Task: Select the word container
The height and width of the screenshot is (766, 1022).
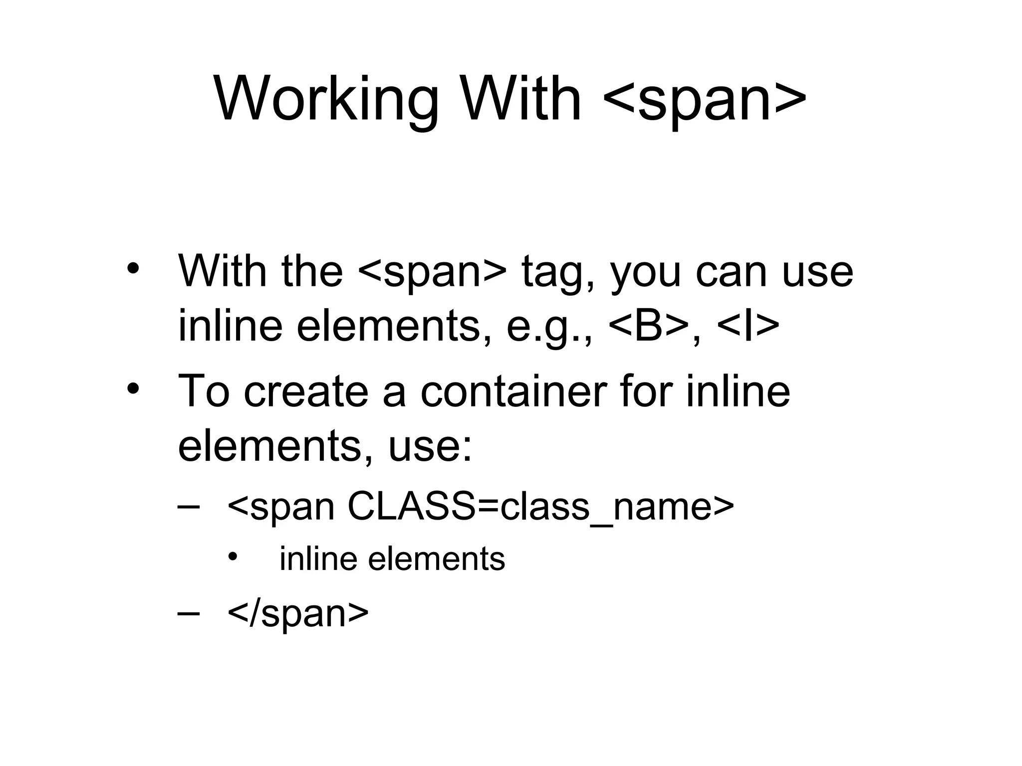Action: [514, 391]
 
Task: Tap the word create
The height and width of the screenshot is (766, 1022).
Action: [305, 391]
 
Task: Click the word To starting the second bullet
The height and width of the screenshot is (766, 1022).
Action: [204, 391]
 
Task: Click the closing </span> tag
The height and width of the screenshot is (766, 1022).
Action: [298, 613]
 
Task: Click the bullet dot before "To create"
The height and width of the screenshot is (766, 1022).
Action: [133, 388]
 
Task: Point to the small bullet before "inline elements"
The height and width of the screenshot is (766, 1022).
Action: [232, 557]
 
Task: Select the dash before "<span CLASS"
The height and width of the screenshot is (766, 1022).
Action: [189, 507]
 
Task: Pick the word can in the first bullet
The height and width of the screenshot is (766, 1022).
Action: [731, 273]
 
